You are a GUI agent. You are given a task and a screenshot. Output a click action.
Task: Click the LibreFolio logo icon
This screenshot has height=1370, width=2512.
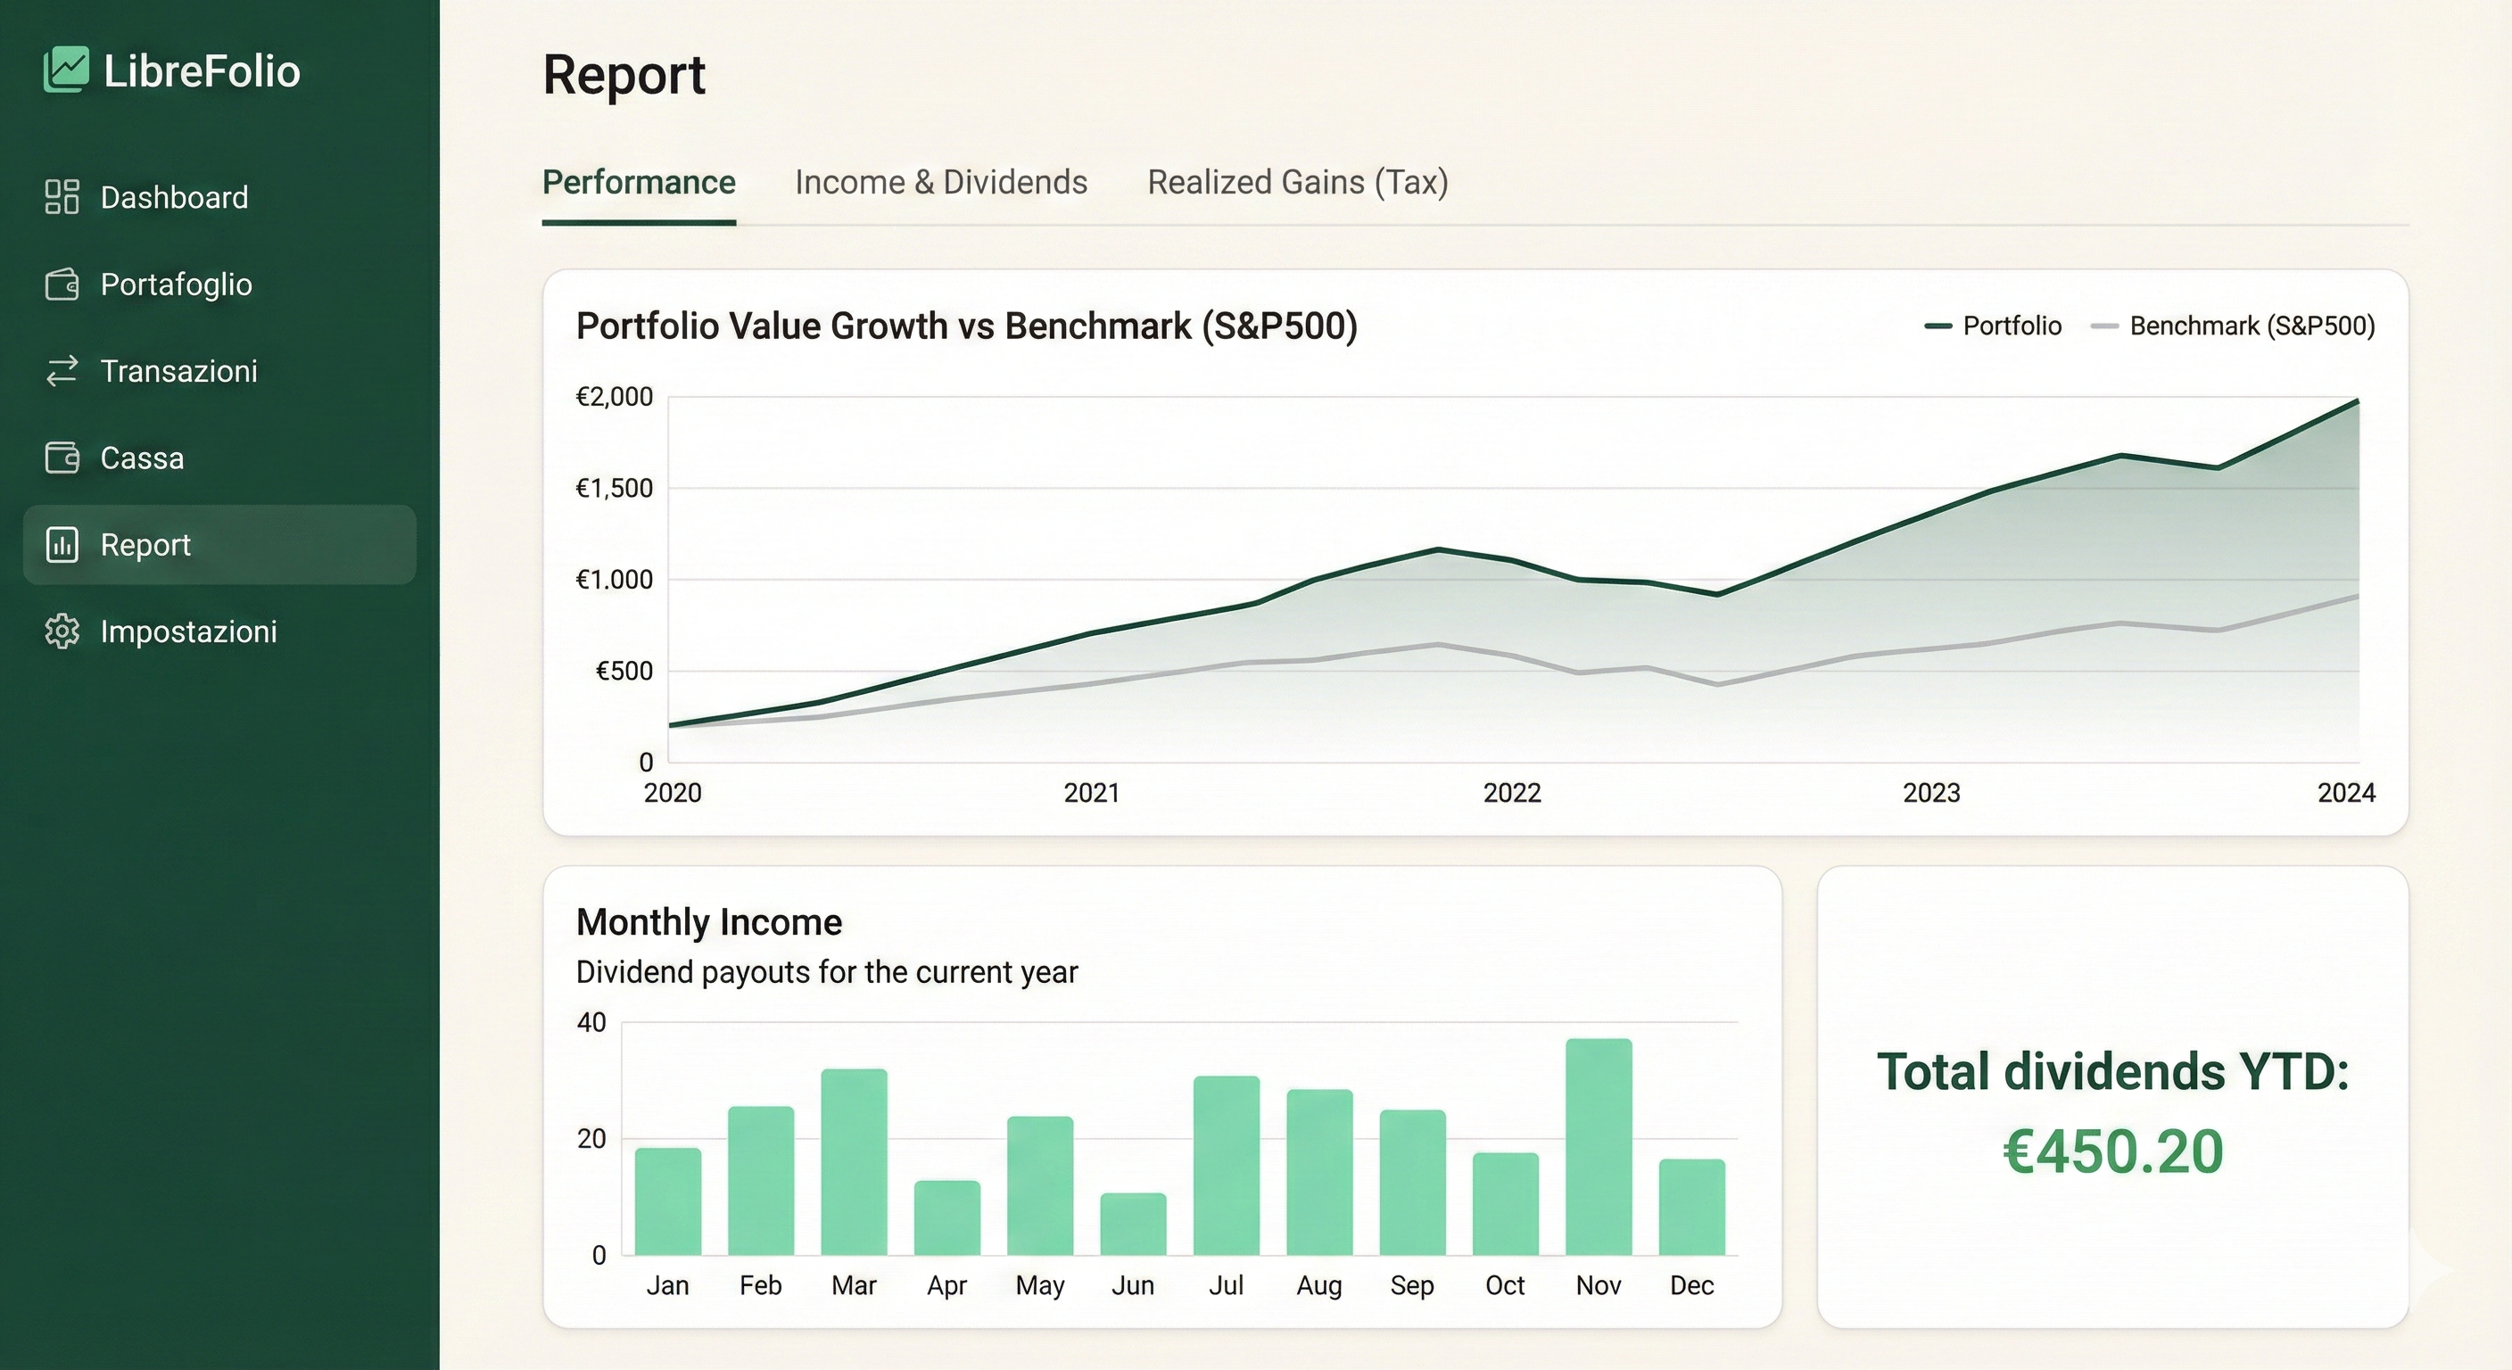click(x=65, y=70)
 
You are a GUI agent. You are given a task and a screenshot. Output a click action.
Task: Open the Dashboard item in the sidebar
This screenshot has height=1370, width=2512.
click(x=174, y=197)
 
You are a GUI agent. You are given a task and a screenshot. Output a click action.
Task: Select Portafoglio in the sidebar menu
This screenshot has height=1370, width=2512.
click(x=176, y=284)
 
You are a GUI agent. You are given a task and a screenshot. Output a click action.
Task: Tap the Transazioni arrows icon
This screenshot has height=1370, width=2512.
click(x=62, y=370)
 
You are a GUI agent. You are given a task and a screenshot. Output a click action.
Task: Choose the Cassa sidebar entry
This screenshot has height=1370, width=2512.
click(x=142, y=458)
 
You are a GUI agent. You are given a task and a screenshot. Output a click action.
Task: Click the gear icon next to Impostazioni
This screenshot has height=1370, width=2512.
click(x=62, y=631)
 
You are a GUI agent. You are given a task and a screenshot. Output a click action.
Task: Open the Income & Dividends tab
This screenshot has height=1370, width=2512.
click(x=940, y=182)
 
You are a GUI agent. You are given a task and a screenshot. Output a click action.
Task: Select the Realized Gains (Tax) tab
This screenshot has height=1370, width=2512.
click(x=1297, y=182)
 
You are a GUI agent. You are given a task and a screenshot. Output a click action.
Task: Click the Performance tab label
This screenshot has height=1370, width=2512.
click(x=639, y=182)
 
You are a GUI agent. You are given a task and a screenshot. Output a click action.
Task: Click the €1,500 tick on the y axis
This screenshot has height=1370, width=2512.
click(x=615, y=488)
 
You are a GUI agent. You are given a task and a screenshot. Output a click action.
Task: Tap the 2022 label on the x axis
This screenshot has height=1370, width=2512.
click(x=1511, y=793)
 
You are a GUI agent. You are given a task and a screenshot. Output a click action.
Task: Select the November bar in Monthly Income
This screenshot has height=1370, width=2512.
click(x=1599, y=1147)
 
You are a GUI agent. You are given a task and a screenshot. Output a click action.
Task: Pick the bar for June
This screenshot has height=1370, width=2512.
click(x=1132, y=1224)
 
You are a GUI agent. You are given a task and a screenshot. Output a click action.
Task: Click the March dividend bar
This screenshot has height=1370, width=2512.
click(x=854, y=1161)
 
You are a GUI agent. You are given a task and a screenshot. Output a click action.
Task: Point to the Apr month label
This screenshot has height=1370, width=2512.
click(x=946, y=1285)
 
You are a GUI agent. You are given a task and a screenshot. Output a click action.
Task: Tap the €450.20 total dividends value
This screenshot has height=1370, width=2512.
click(x=2112, y=1151)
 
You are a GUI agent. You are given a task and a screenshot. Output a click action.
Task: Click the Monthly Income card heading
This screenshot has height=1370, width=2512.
click(x=709, y=921)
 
